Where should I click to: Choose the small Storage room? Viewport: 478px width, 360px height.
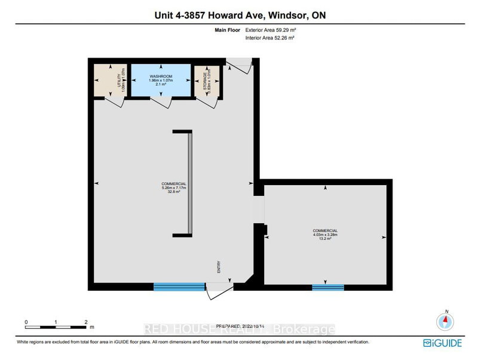coord(207,81)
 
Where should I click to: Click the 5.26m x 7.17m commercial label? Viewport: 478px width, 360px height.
coord(174,188)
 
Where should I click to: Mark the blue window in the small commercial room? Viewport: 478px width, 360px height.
coord(328,287)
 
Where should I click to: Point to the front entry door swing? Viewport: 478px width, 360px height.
coord(219,291)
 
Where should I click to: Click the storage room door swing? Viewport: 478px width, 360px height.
coord(206,102)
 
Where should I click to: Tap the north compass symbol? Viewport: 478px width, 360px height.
coord(443,321)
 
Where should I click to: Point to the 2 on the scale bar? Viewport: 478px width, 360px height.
coord(86,322)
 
